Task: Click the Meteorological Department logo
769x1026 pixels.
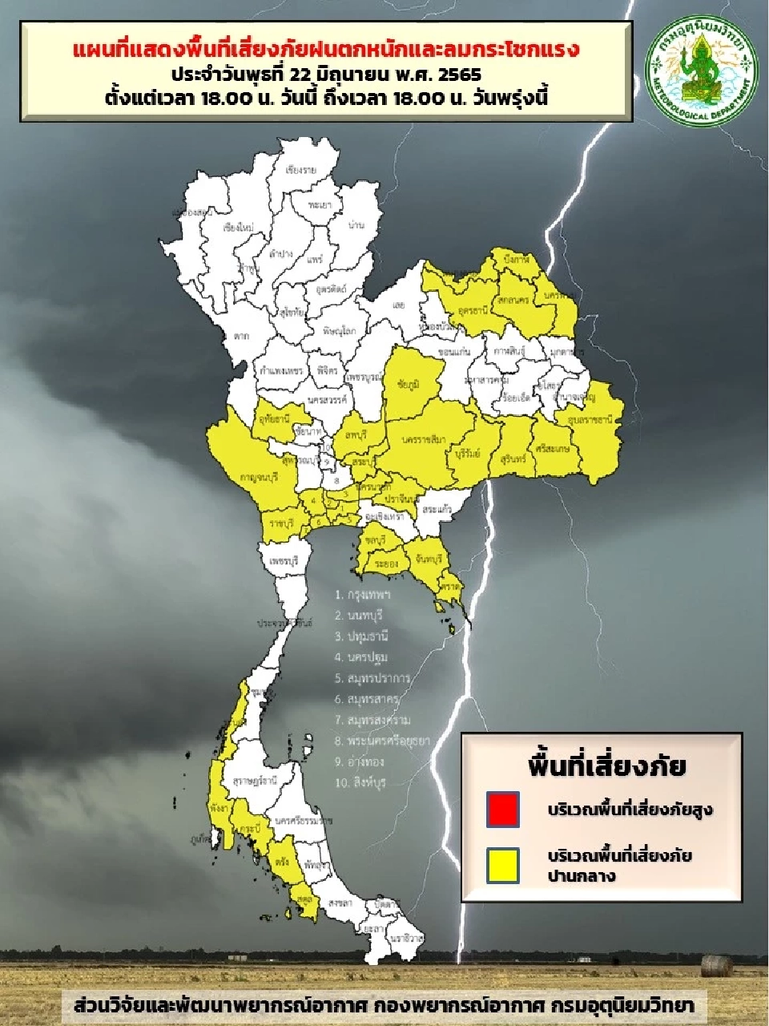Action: point(703,71)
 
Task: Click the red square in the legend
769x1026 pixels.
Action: point(502,809)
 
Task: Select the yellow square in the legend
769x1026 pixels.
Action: point(502,865)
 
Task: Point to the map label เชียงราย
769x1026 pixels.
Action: point(301,171)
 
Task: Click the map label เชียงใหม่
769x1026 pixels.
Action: point(238,228)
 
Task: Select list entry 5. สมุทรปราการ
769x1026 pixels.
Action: point(372,678)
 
